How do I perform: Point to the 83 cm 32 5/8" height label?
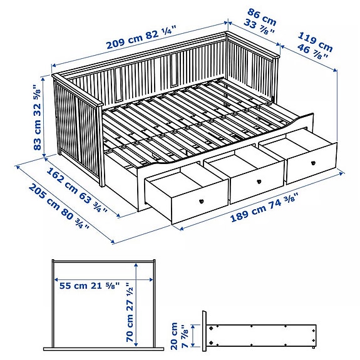pyautogui.click(x=39, y=119)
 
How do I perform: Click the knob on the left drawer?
pyautogui.click(x=202, y=200)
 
